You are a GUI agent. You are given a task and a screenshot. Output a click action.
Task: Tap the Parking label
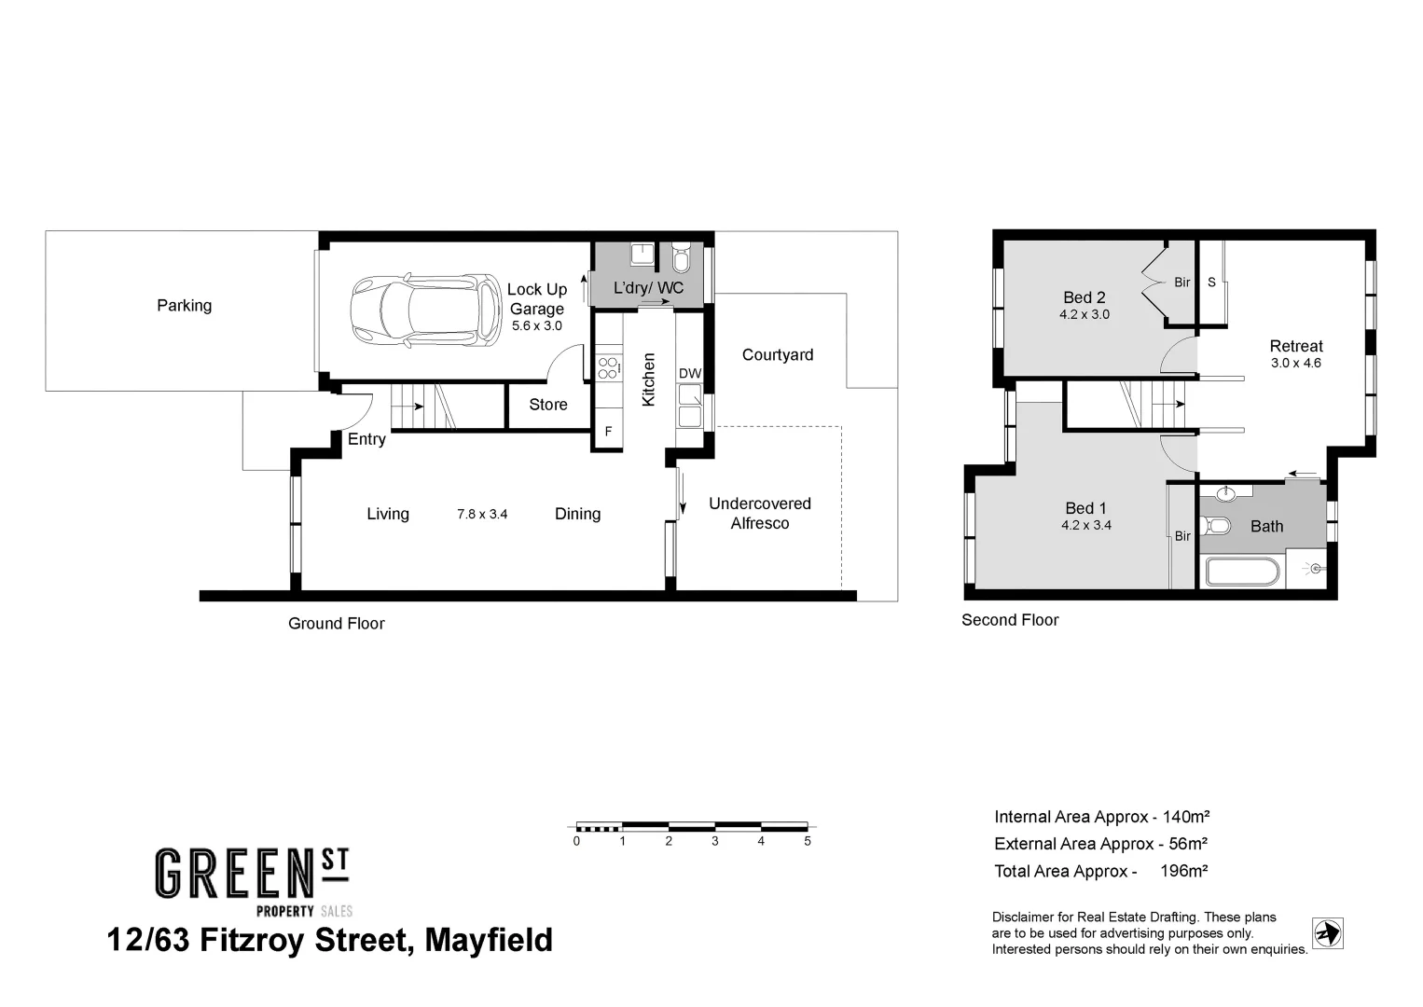[x=184, y=306]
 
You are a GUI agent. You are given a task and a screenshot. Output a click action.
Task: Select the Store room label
[x=547, y=405]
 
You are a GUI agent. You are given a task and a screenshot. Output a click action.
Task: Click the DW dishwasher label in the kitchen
[x=689, y=374]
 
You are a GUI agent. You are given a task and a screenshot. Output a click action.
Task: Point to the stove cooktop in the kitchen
[x=608, y=367]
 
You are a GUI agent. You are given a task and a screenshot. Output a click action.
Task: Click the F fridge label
[x=608, y=432]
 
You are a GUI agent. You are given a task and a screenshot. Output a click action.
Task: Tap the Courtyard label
[x=777, y=355]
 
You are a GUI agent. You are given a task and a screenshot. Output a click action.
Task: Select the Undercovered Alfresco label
[x=759, y=514]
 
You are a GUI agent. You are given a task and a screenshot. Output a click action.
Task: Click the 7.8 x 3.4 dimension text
[x=482, y=514]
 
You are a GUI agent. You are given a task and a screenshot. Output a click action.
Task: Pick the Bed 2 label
[x=1084, y=297]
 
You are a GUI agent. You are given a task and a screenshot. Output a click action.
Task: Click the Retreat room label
[x=1295, y=346]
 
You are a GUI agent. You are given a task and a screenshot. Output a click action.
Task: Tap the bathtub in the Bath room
[x=1241, y=571]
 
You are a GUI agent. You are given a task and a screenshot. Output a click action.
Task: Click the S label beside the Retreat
[x=1211, y=282]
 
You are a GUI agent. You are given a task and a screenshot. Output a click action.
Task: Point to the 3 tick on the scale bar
[x=714, y=841]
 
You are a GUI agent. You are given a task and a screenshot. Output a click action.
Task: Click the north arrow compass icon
[x=1327, y=932]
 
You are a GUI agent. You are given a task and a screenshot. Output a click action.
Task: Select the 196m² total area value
[x=1183, y=871]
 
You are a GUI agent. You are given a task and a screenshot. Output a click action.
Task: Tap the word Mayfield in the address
[x=488, y=940]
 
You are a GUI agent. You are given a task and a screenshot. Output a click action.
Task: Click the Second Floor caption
[x=1010, y=620]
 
